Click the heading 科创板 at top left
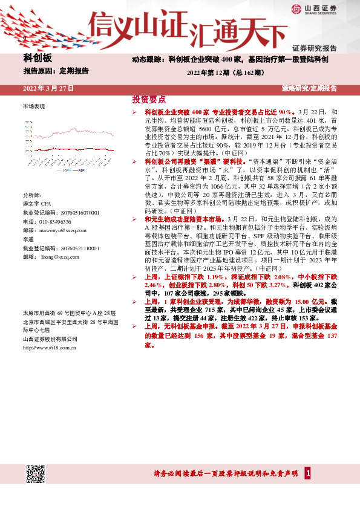point(38,58)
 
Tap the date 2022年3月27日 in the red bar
point(48,88)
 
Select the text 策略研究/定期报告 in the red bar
point(309,88)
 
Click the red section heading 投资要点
point(149,99)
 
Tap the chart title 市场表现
point(33,106)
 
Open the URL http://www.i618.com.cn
point(49,348)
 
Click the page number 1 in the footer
point(308,473)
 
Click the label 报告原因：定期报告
point(56,71)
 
